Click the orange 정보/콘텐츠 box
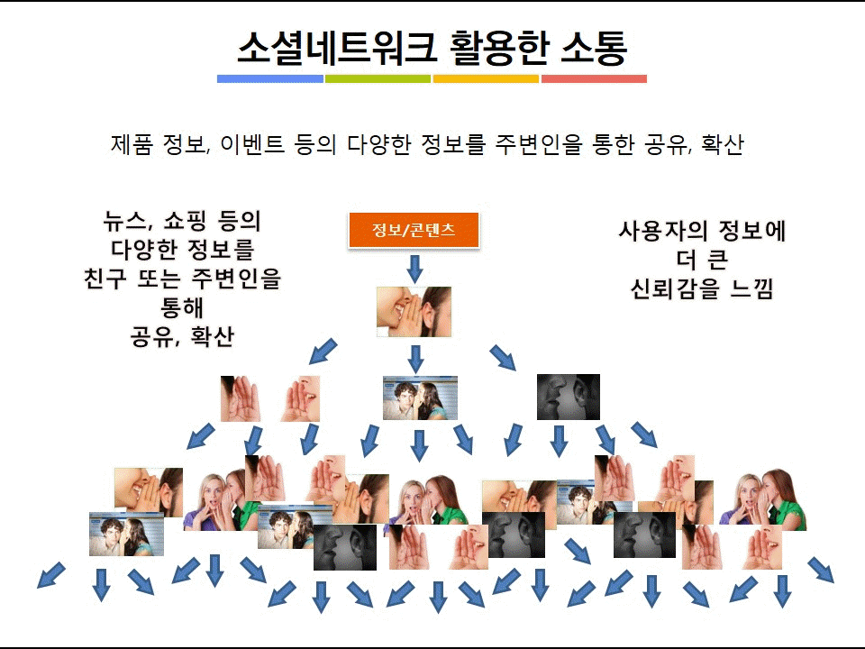click(x=414, y=230)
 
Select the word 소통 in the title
click(x=594, y=48)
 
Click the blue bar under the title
click(x=270, y=79)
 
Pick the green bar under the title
click(x=378, y=79)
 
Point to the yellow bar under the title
click(x=486, y=79)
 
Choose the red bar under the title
click(x=594, y=79)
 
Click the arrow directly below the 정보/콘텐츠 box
click(x=414, y=269)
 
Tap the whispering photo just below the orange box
click(x=414, y=312)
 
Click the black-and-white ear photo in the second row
click(x=569, y=397)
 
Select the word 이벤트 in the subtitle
click(x=252, y=144)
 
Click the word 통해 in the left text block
click(x=182, y=306)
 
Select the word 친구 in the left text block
click(x=105, y=279)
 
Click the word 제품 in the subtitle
click(x=132, y=144)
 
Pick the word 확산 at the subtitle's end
click(x=722, y=144)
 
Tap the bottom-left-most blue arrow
click(x=50, y=575)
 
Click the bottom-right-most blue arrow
click(x=821, y=570)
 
